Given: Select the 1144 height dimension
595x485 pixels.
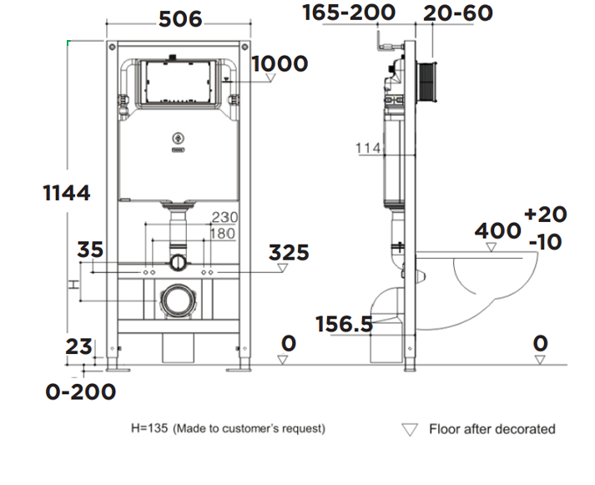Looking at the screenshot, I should [x=67, y=193].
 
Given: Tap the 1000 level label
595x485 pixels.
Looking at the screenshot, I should [x=280, y=63].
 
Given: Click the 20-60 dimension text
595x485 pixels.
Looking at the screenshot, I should [x=457, y=13].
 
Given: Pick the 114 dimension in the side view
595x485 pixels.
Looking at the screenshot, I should [x=367, y=149].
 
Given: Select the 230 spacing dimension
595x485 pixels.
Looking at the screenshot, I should [x=224, y=217].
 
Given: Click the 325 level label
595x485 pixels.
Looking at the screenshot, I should [x=289, y=252].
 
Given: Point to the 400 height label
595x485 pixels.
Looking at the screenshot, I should [x=498, y=230].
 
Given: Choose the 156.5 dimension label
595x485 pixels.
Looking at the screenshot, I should [x=344, y=324].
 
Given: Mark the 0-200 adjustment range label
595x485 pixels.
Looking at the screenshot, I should [x=80, y=391].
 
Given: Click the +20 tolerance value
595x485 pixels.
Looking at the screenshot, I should [x=545, y=215].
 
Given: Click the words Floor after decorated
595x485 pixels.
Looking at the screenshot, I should [x=492, y=429].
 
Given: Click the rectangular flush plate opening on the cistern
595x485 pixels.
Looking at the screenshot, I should [x=175, y=82].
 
